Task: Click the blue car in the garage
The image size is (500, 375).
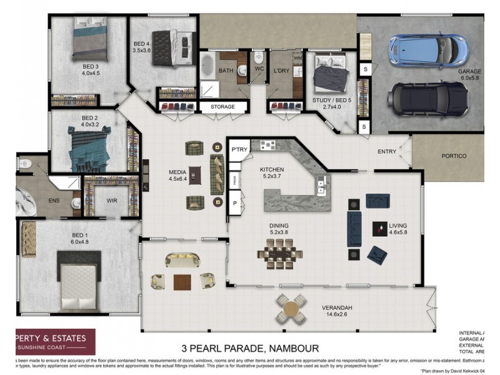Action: (427, 49)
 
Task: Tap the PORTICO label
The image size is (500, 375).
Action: (454, 156)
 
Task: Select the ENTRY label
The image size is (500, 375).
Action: (387, 152)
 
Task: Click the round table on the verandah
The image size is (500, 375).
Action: (292, 309)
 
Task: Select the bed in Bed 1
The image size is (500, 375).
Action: (79, 279)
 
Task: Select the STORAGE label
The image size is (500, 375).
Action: (222, 107)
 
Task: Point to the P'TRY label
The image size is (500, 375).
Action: (239, 150)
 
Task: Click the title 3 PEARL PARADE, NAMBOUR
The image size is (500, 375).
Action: (250, 348)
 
